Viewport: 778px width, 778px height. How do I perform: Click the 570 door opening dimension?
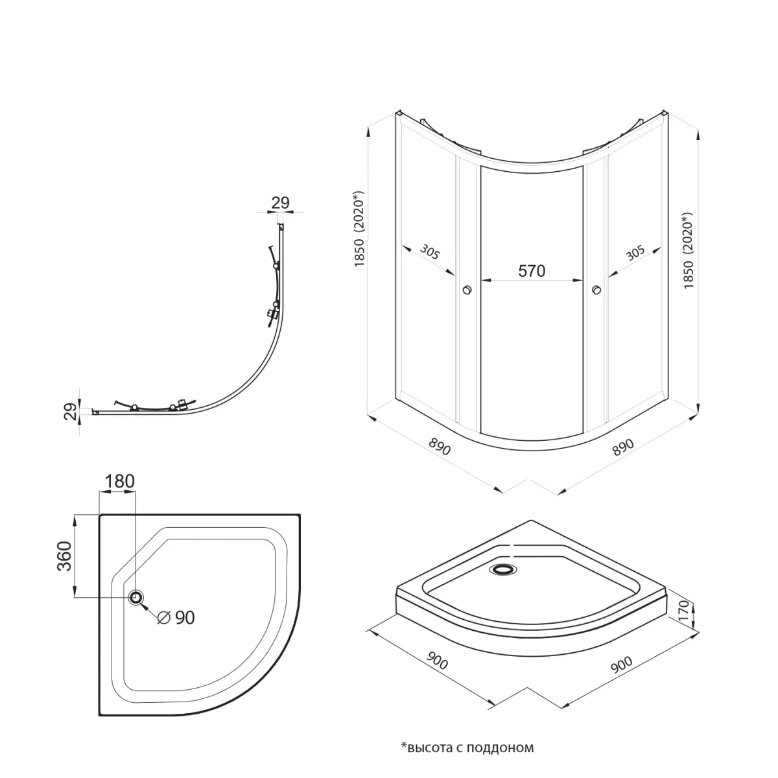[532, 271]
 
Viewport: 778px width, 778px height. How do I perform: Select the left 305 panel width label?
[429, 252]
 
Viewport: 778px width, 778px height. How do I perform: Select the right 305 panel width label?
[635, 253]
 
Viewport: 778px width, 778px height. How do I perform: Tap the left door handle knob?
[467, 289]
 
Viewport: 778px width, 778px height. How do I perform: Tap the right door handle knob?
[596, 289]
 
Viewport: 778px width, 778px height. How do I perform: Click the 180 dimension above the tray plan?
[119, 481]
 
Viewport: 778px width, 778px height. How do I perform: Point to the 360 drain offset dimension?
[65, 556]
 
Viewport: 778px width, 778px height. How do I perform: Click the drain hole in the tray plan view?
[136, 597]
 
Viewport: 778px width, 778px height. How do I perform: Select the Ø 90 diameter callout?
[176, 617]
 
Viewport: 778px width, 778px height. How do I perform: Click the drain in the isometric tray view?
[502, 569]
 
